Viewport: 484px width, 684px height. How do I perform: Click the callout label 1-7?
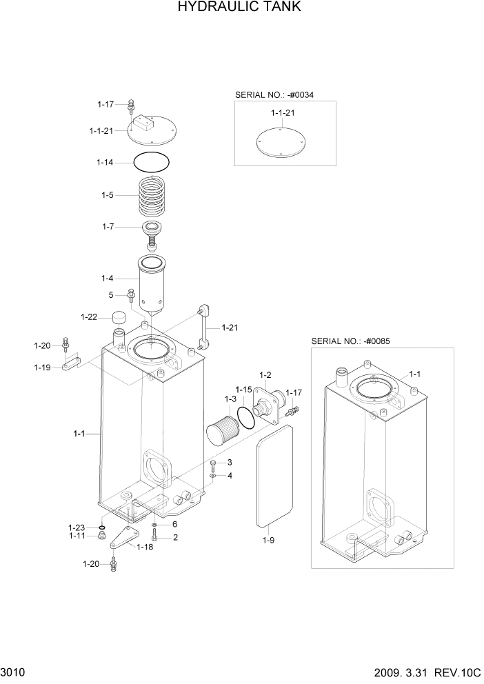tap(109, 226)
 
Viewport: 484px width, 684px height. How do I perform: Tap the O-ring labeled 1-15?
tap(244, 416)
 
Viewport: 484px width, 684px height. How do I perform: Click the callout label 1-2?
tap(265, 374)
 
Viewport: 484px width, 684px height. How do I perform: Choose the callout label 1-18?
tap(145, 547)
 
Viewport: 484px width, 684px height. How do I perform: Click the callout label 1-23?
tap(77, 527)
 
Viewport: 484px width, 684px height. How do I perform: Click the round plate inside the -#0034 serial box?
tap(283, 141)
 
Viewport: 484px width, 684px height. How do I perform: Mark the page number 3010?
tap(13, 671)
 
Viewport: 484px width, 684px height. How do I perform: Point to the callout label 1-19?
tap(42, 368)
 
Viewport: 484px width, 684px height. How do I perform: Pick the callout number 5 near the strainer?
tap(111, 294)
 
